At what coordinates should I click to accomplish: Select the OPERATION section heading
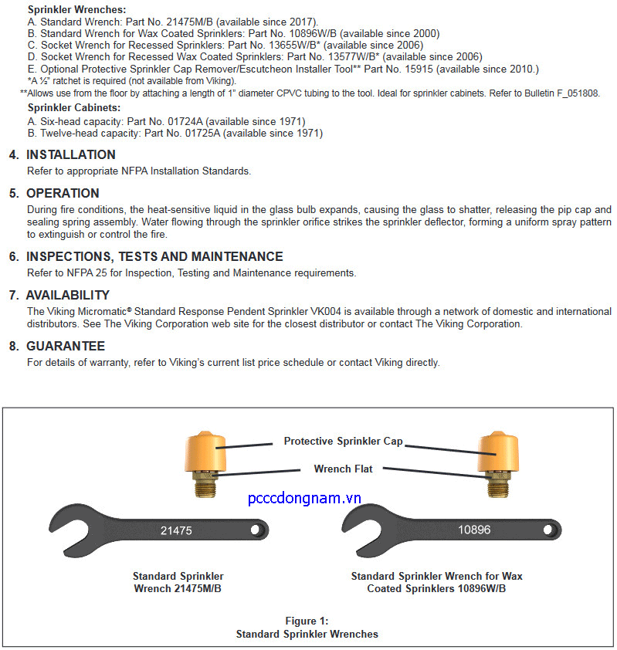coord(63,194)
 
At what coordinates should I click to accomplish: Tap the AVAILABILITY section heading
coord(67,296)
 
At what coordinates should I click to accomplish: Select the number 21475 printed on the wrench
coord(176,531)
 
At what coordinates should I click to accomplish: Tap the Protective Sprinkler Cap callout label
coord(343,442)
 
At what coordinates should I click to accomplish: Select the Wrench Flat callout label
coord(343,469)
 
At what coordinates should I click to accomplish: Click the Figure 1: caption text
coord(307,621)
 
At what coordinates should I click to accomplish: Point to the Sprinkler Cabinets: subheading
coord(74,108)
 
